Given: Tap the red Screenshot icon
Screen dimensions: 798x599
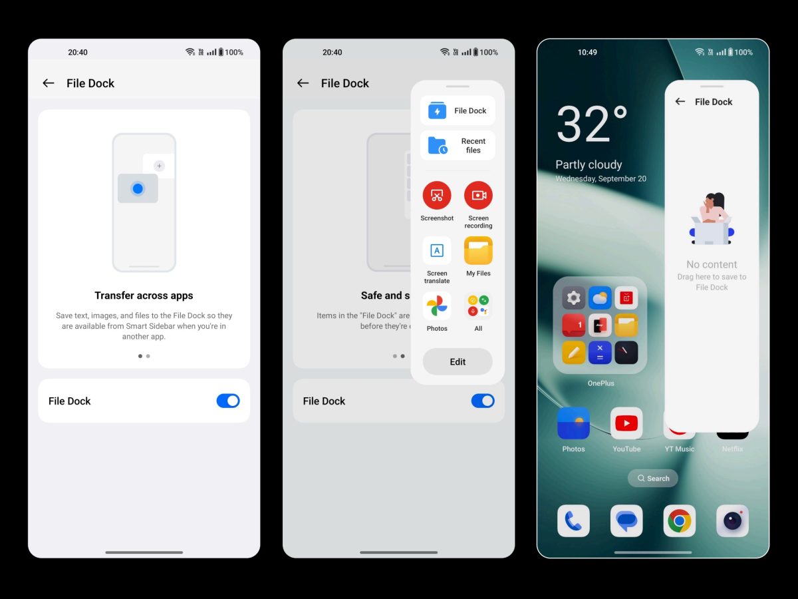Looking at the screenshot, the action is (x=437, y=195).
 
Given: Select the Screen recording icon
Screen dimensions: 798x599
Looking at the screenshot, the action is (x=478, y=195).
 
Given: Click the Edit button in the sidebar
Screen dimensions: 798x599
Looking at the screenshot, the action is (x=458, y=361).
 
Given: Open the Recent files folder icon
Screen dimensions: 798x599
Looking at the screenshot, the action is (x=438, y=146).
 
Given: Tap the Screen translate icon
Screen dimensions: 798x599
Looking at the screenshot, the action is (x=437, y=251).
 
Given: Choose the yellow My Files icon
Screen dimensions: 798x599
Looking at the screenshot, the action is (x=478, y=251).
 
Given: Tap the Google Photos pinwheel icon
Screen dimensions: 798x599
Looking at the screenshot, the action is (x=437, y=306).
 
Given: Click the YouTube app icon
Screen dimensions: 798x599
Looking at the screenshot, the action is (x=626, y=423).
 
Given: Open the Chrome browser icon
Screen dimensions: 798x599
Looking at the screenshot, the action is (x=679, y=520).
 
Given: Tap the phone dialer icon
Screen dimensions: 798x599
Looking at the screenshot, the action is (x=573, y=520).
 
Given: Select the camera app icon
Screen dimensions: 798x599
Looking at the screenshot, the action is (x=732, y=520).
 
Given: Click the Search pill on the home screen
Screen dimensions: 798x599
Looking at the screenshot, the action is (x=652, y=479).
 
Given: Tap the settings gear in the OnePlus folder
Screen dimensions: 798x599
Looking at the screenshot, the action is (x=573, y=298).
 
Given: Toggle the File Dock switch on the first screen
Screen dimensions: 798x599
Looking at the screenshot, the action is (x=228, y=401).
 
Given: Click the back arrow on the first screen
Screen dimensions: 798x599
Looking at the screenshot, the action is (x=49, y=83).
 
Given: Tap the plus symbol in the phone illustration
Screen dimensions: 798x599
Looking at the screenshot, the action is (x=159, y=166).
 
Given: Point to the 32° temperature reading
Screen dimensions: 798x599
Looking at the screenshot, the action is (x=592, y=124).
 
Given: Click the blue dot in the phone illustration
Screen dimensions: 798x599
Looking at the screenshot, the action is (x=138, y=188).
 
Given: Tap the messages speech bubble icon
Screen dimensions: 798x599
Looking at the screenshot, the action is (x=626, y=520).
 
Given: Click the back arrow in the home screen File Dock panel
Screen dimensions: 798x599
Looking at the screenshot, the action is (x=680, y=101).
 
